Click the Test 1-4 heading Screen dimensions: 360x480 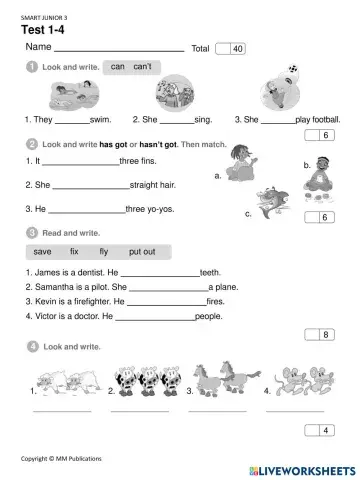pos(43,28)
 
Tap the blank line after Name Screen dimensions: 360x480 pos(118,49)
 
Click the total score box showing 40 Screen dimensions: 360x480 pos(230,48)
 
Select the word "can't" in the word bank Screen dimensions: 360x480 pos(142,66)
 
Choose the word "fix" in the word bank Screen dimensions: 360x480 pos(74,252)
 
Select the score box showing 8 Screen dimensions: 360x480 pos(323,334)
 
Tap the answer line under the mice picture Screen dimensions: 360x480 pos(294,410)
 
